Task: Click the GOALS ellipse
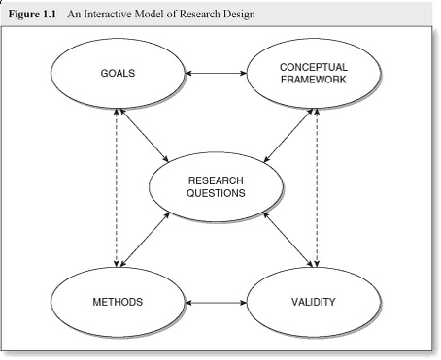click(117, 73)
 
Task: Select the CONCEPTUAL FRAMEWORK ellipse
click(313, 73)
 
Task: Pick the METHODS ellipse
click(117, 302)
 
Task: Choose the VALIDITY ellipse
click(313, 302)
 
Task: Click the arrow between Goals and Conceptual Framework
click(215, 73)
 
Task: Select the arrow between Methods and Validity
click(215, 303)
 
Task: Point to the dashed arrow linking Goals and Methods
click(118, 187)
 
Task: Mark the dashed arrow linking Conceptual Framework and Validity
click(316, 187)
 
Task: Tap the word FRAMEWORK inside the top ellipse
click(313, 79)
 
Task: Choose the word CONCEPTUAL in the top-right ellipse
click(313, 66)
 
